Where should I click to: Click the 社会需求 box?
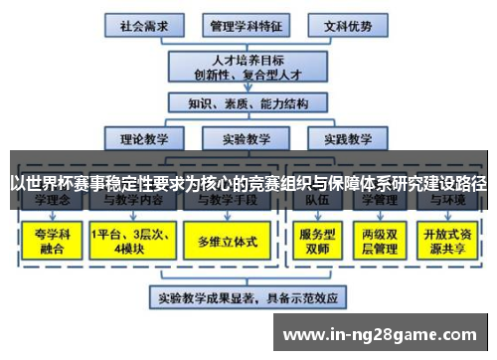(x=142, y=24)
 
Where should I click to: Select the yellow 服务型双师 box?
(x=311, y=240)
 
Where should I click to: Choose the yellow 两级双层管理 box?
(x=380, y=240)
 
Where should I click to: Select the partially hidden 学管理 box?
(x=380, y=201)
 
